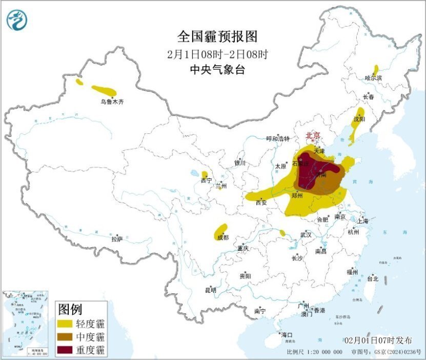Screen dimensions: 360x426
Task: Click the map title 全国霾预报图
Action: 217,36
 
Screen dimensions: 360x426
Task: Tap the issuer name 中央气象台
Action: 217,70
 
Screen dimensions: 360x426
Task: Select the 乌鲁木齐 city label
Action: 112,102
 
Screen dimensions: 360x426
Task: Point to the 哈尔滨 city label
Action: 373,78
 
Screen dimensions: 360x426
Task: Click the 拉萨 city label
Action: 117,239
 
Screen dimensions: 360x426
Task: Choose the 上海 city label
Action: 362,221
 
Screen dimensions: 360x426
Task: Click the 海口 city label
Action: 286,335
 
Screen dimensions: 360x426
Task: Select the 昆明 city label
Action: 211,290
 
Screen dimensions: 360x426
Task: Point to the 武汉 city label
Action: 306,234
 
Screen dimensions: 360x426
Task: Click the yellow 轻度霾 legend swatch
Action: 65,324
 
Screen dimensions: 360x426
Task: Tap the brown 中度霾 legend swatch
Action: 65,337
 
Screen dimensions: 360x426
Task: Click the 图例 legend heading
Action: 70,309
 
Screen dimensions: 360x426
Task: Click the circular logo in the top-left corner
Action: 16,20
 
